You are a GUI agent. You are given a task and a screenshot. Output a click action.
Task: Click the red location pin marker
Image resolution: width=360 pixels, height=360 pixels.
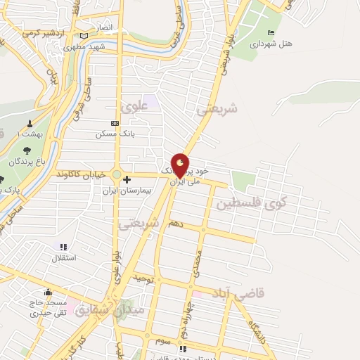point(181,166)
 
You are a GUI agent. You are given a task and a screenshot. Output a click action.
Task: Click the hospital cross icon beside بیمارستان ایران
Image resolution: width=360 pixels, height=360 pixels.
point(127,179)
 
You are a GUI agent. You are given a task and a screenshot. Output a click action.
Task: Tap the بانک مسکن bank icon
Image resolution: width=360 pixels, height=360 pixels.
point(115,123)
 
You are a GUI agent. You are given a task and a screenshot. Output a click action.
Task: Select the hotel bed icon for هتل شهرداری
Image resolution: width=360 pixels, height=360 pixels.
point(271,33)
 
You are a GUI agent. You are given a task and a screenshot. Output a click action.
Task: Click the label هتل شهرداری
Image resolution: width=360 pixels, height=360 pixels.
point(271,44)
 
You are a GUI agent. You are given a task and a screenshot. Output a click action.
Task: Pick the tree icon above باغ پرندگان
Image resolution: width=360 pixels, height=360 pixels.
point(27,150)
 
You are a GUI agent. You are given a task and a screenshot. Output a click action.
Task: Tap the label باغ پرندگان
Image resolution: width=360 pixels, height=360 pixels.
point(27,161)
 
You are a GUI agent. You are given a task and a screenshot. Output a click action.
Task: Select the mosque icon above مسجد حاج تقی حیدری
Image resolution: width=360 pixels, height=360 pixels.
point(48,292)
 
